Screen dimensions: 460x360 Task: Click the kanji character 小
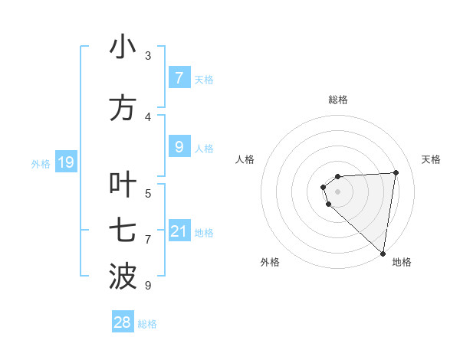coord(123,48)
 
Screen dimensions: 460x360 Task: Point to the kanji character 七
coord(123,231)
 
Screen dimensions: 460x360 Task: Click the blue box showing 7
coord(179,78)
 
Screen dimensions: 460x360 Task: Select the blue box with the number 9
coord(179,147)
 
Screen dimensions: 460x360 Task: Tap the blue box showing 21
coord(179,231)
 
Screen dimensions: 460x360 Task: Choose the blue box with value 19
coord(65,162)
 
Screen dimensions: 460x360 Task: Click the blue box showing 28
coord(123,322)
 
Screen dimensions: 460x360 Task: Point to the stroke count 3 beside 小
coord(148,56)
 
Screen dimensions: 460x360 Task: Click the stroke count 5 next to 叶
coord(148,193)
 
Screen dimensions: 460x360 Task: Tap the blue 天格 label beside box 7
coord(204,79)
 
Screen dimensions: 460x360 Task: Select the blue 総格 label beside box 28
coord(147,324)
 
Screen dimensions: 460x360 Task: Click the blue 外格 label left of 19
coord(41,163)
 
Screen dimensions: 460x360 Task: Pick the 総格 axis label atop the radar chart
coord(338,100)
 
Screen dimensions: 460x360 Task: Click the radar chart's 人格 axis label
coord(245,159)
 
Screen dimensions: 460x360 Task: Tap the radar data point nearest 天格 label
coord(396,172)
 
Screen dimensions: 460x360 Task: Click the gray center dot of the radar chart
coord(337,191)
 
